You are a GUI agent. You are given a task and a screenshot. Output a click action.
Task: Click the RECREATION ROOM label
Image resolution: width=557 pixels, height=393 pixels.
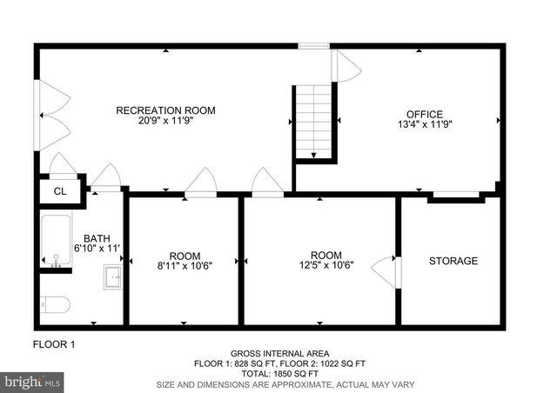point(165,110)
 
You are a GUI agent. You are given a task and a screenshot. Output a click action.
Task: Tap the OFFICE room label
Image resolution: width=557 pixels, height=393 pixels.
point(425,114)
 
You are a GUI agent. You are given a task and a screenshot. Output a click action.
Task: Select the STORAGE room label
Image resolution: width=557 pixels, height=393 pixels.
point(453,261)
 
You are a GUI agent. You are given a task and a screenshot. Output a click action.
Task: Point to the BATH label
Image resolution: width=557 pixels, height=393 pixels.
point(97,238)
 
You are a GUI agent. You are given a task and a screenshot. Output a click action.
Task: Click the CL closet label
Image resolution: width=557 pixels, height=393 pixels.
point(60,191)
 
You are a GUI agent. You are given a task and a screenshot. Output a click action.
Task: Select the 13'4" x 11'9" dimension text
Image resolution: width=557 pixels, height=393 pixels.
point(425,125)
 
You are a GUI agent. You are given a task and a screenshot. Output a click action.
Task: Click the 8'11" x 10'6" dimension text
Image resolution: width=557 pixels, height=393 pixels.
point(185,266)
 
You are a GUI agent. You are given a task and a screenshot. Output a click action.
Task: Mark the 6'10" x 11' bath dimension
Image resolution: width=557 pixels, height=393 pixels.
point(97,249)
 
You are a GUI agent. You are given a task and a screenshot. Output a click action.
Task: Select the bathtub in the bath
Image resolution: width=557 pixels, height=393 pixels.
point(56,240)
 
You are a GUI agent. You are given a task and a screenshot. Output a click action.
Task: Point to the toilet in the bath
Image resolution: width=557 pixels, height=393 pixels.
point(56,305)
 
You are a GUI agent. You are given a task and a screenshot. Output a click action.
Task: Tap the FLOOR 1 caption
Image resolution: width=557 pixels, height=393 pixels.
point(54,345)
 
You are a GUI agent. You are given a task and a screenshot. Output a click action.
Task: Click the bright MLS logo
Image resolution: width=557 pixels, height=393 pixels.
point(33,381)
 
